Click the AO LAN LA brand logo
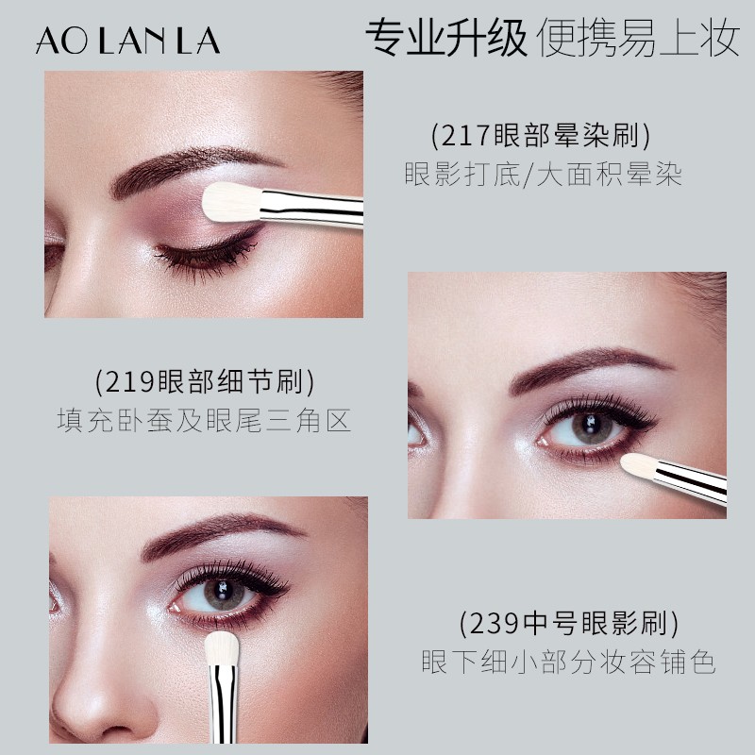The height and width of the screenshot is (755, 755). pyautogui.click(x=128, y=41)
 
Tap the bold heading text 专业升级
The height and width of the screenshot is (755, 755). pyautogui.click(x=445, y=38)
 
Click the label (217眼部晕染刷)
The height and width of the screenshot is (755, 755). pyautogui.click(x=541, y=137)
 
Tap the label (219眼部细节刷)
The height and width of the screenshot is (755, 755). pyautogui.click(x=204, y=382)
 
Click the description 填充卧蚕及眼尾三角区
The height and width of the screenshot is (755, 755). pyautogui.click(x=204, y=421)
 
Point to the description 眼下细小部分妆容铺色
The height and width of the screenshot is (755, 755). pyautogui.click(x=568, y=662)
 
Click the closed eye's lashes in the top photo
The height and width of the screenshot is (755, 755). pyautogui.click(x=203, y=257)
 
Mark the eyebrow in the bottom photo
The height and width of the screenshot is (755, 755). pyautogui.click(x=217, y=533)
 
